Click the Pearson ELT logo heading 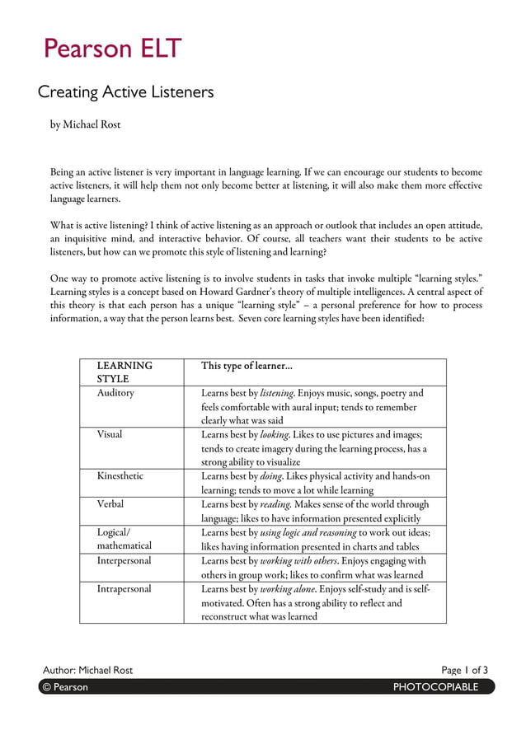point(112,49)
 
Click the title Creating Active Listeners point(126,92)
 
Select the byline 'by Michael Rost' point(86,124)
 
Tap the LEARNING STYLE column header point(124,372)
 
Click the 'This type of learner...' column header point(247,365)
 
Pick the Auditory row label point(115,393)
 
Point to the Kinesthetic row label point(120,476)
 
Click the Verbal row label point(110,503)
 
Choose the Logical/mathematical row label point(124,538)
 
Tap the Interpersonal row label point(124,560)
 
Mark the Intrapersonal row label point(124,589)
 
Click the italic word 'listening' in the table point(277,393)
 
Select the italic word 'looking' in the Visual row point(275,434)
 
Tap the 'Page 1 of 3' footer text point(464,670)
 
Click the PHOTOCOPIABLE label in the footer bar point(435,687)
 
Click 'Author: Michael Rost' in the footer point(87,670)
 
